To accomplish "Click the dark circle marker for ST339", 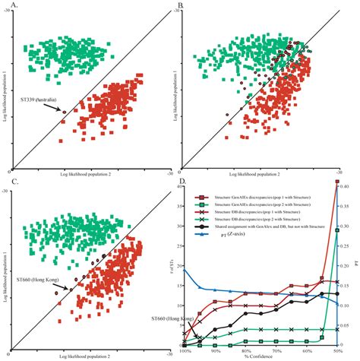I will pyautogui.click(x=65, y=112).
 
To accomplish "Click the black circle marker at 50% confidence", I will pyautogui.click(x=337, y=293).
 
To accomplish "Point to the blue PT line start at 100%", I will pyautogui.click(x=185, y=270).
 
